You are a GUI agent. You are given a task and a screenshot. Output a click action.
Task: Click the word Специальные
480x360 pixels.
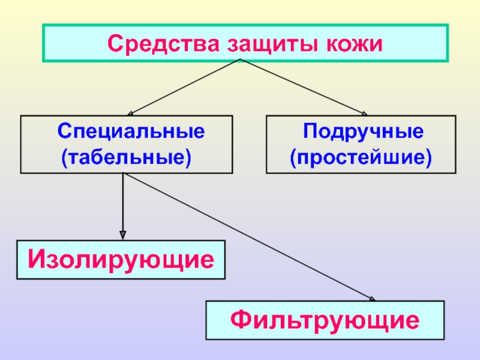pyautogui.click(x=131, y=131)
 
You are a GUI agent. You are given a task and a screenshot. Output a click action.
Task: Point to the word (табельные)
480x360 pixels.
pyautogui.click(x=126, y=158)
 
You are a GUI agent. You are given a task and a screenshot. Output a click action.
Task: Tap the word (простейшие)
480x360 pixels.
pyautogui.click(x=361, y=158)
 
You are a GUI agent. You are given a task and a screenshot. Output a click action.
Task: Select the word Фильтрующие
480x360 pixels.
pyautogui.click(x=325, y=320)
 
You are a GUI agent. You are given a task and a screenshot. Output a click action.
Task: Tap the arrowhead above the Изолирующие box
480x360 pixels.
pyautogui.click(x=122, y=235)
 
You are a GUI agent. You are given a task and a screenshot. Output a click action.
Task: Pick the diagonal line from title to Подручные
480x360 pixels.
pyautogui.click(x=303, y=86)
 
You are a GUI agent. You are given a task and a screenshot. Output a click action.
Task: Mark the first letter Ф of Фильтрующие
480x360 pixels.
pyautogui.click(x=241, y=320)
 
